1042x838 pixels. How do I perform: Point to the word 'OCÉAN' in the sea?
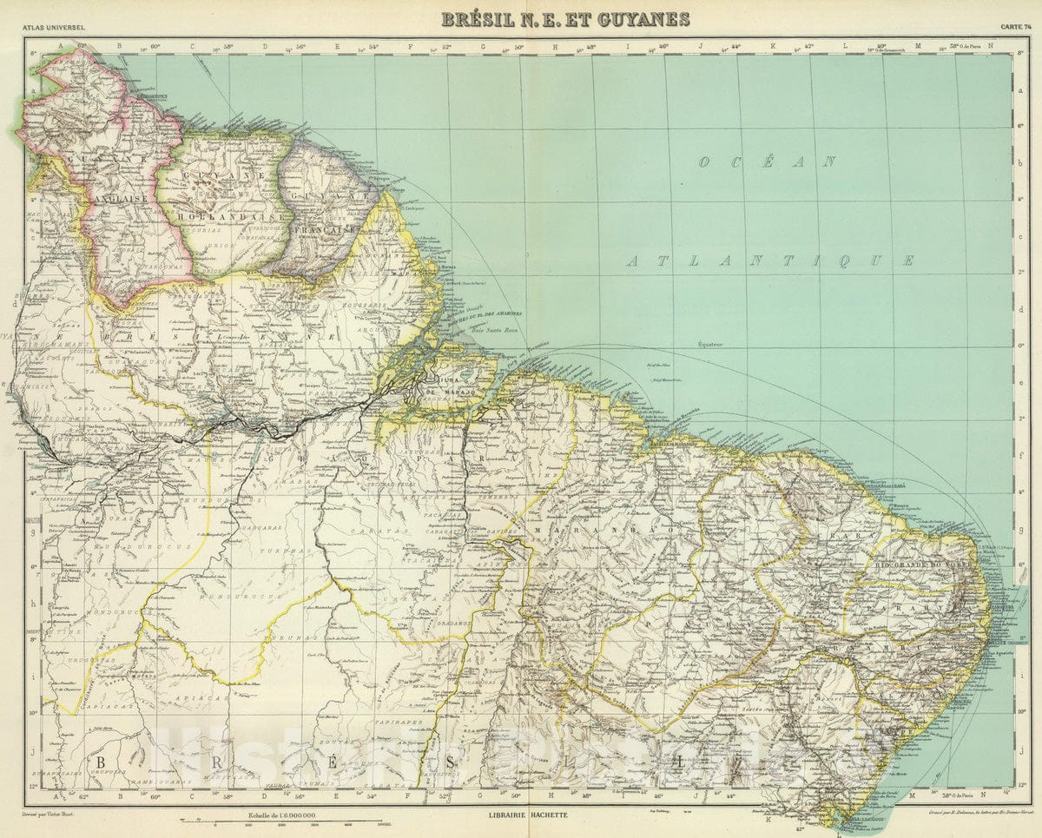[x=768, y=162]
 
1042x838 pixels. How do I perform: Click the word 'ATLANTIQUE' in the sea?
[x=770, y=261]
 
